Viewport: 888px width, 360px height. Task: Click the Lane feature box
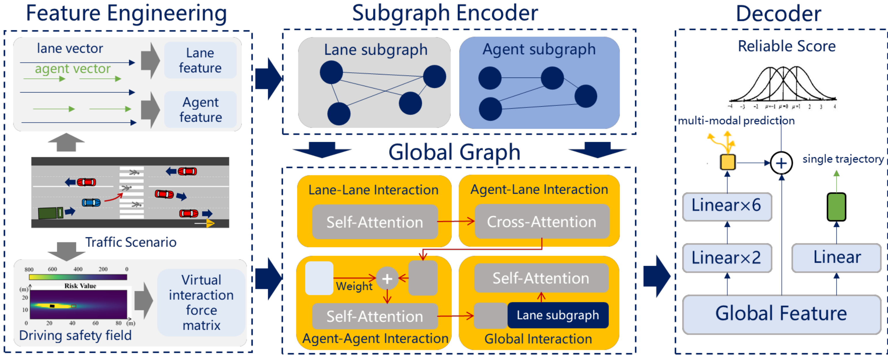point(200,60)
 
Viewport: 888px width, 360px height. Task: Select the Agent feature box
point(200,110)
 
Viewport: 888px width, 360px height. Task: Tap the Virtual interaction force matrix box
point(201,302)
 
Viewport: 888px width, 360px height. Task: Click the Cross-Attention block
point(541,222)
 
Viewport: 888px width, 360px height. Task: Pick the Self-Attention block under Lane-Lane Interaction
point(375,222)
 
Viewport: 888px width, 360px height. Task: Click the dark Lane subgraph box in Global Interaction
point(558,315)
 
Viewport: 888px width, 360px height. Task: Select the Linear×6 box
point(727,206)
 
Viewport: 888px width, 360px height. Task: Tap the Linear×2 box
point(727,258)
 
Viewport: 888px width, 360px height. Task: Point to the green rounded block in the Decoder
point(836,207)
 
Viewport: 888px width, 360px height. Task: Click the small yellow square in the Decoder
point(727,162)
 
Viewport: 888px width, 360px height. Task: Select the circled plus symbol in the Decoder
point(781,163)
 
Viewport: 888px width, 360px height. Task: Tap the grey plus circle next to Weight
point(387,278)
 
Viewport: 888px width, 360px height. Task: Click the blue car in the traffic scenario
point(91,202)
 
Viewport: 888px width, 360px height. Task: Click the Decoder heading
point(778,14)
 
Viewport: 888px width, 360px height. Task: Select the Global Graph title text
point(454,152)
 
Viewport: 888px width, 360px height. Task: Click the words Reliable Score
point(787,46)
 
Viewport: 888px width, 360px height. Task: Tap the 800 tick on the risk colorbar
point(29,269)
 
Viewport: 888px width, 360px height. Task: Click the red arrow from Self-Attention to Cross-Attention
point(456,221)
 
